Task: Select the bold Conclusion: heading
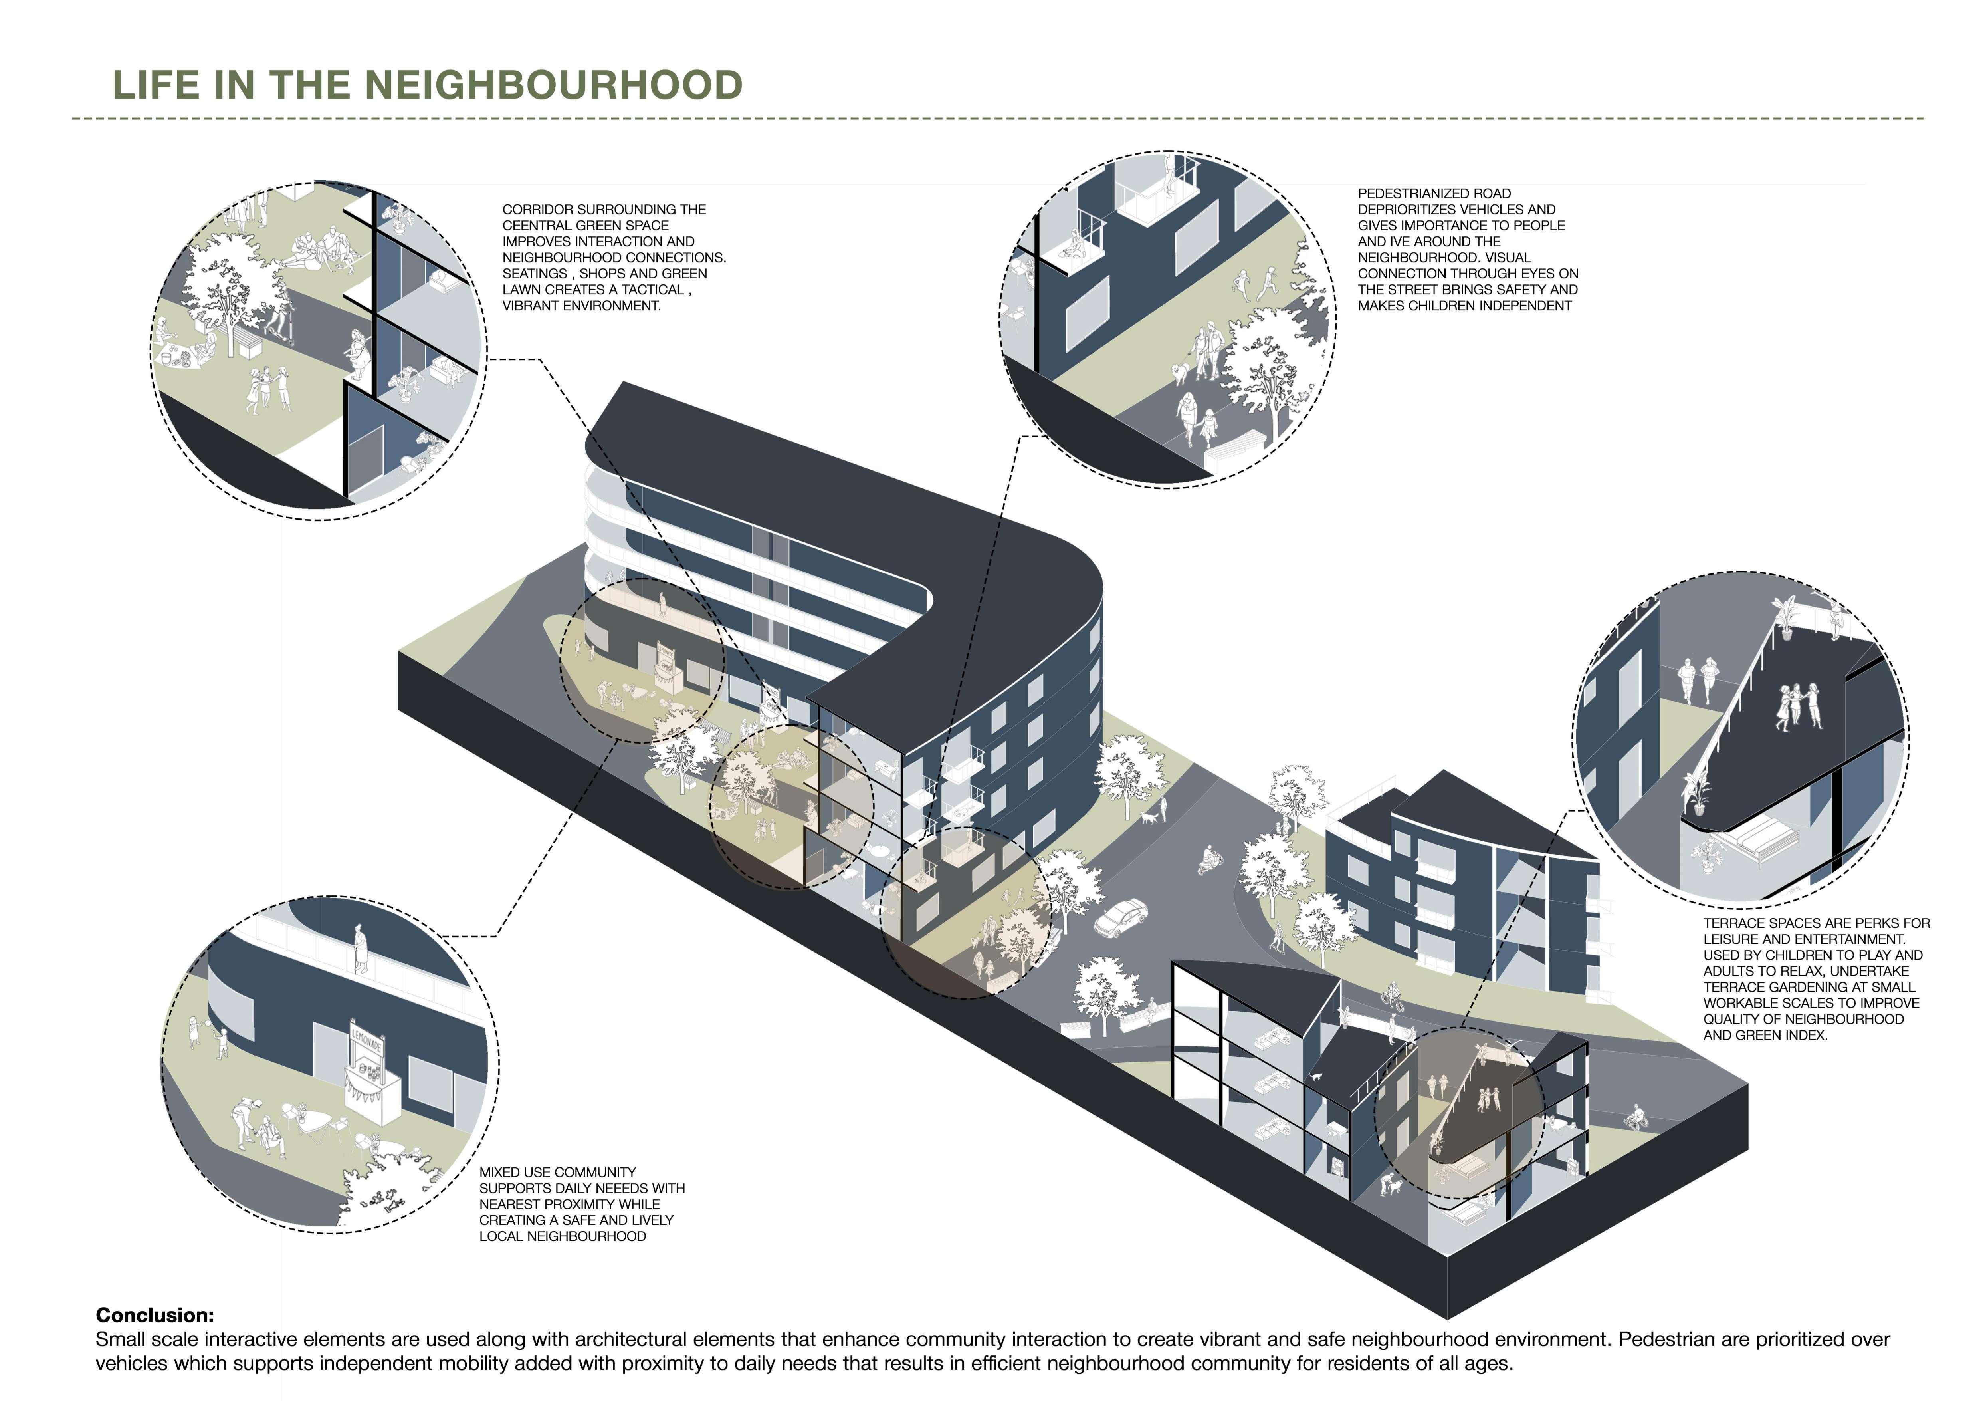point(155,1315)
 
